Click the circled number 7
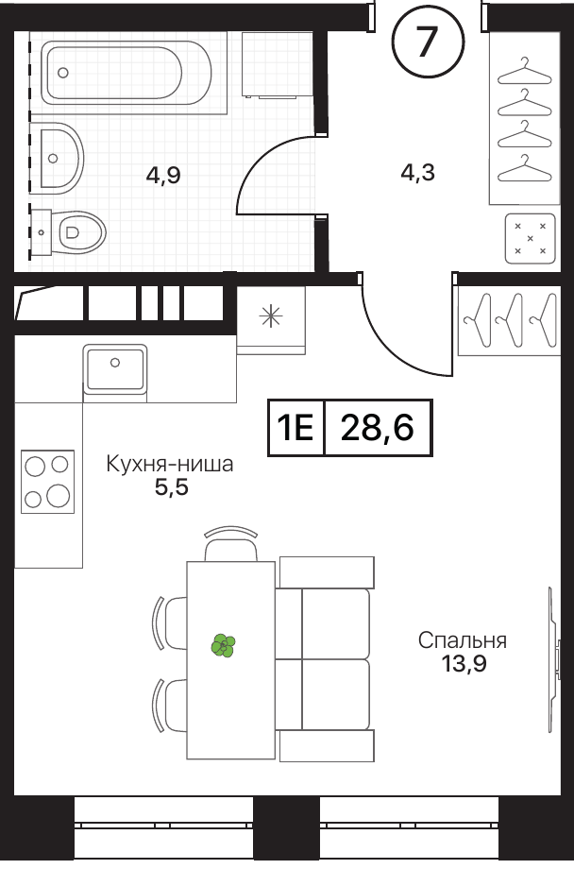(428, 39)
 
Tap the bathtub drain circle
(63, 72)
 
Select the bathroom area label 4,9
(163, 176)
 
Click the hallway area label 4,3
(418, 172)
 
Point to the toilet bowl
(80, 232)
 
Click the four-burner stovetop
(47, 481)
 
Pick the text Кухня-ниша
(170, 464)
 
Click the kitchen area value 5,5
(171, 487)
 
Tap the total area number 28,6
(378, 428)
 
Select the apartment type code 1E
(295, 428)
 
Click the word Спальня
(462, 640)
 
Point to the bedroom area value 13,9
(464, 663)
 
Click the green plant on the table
(224, 646)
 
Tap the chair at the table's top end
(231, 544)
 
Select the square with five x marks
(531, 238)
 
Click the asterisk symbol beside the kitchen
(271, 315)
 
